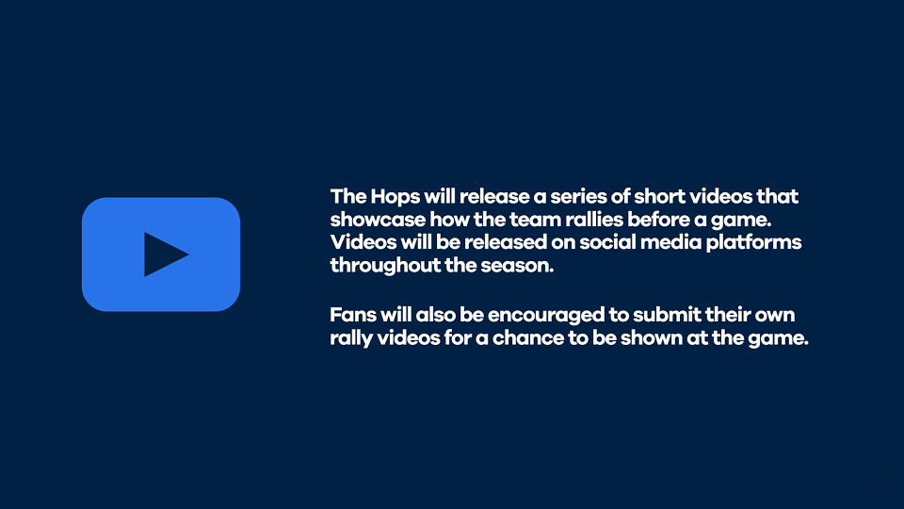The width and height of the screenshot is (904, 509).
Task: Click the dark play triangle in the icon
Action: [164, 254]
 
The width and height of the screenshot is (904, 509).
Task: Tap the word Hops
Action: [395, 197]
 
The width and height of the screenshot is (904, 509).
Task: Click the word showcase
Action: [377, 220]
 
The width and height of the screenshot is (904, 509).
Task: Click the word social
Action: [607, 242]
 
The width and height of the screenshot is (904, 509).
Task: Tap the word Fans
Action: [350, 315]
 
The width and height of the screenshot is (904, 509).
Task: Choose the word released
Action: [505, 242]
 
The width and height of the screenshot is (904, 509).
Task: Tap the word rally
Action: [350, 339]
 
